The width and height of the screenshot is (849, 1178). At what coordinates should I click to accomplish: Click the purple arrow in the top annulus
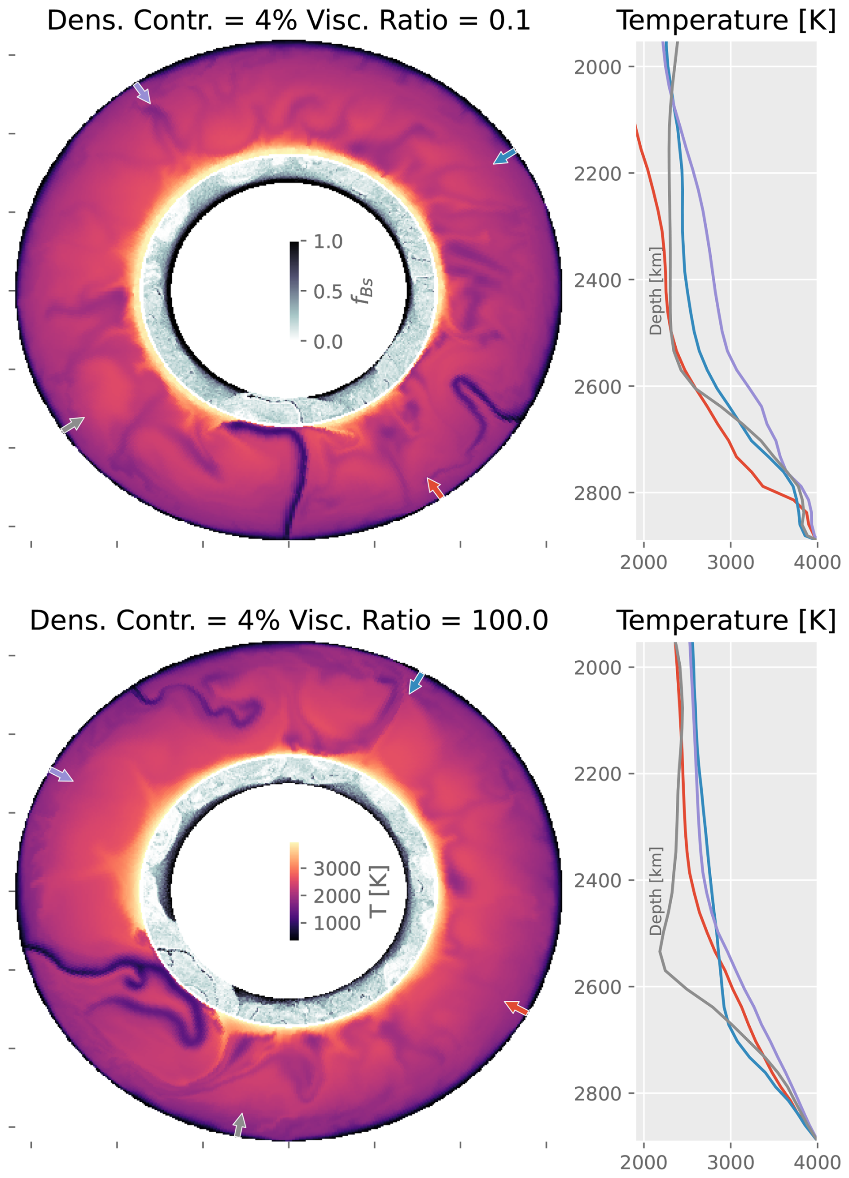coord(142,93)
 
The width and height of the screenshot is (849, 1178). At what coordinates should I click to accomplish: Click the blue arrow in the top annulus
coord(504,157)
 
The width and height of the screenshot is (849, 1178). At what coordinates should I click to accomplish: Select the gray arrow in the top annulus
coord(73,424)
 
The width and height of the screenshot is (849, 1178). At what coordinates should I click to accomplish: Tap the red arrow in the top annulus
coord(435,488)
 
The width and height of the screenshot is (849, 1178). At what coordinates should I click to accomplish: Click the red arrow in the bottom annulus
coord(516,1008)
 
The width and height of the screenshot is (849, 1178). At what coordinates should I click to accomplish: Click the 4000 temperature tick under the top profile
coord(817,562)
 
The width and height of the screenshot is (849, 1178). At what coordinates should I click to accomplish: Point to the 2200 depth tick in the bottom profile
coord(598,774)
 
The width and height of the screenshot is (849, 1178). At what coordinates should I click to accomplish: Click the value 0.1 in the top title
coord(509,21)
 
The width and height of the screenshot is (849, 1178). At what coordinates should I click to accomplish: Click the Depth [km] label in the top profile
coord(656,291)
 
